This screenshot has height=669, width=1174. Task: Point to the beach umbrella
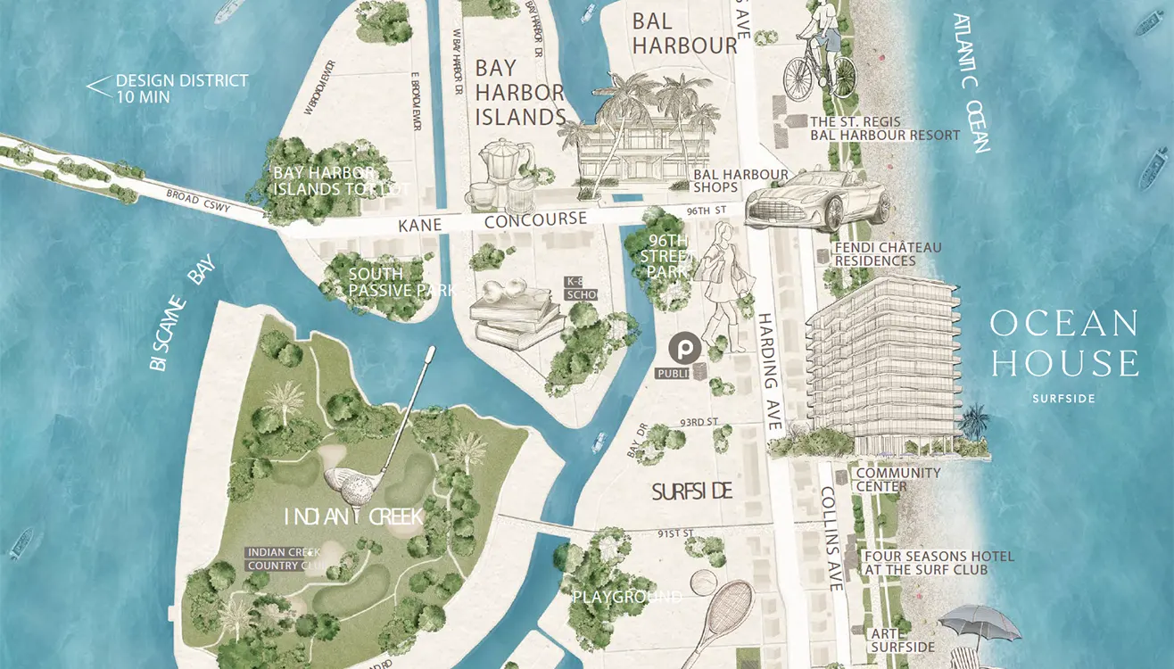tap(980, 622)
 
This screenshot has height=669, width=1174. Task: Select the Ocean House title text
tap(1063, 343)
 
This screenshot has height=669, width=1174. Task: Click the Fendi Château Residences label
tap(874, 254)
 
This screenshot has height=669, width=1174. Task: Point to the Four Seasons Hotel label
tap(926, 563)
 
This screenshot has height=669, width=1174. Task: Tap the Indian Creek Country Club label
tap(284, 559)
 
